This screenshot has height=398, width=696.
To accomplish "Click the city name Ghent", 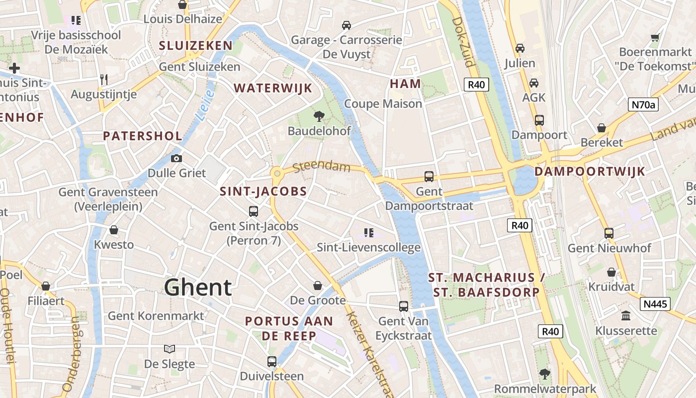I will pos(198,288).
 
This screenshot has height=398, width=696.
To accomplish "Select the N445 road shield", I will pos(656,303).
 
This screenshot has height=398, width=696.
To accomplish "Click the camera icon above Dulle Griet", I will pos(176,159).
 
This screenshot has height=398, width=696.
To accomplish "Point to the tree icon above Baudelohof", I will pos(319,116).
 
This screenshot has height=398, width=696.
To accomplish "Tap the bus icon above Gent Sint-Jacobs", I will pos(254,211).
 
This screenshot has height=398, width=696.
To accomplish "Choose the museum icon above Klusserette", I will pos(626,316).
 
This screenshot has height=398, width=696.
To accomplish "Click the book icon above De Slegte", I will pos(170,349).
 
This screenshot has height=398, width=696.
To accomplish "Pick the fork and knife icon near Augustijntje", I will pos(103,80).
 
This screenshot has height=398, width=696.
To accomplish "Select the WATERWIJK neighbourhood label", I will pos(273,89).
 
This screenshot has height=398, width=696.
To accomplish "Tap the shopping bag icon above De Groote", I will pos(318,286).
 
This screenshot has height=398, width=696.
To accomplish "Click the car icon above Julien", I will pos(520,48).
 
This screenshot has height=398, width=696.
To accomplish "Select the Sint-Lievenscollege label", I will pos(369,247).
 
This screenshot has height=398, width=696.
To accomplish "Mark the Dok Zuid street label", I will pos(464,42).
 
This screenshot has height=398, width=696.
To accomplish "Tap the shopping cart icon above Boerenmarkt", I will pos(655,37).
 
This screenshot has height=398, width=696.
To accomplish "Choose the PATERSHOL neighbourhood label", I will pos(142,136).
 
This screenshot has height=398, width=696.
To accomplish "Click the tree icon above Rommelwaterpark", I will pos(545,374).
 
